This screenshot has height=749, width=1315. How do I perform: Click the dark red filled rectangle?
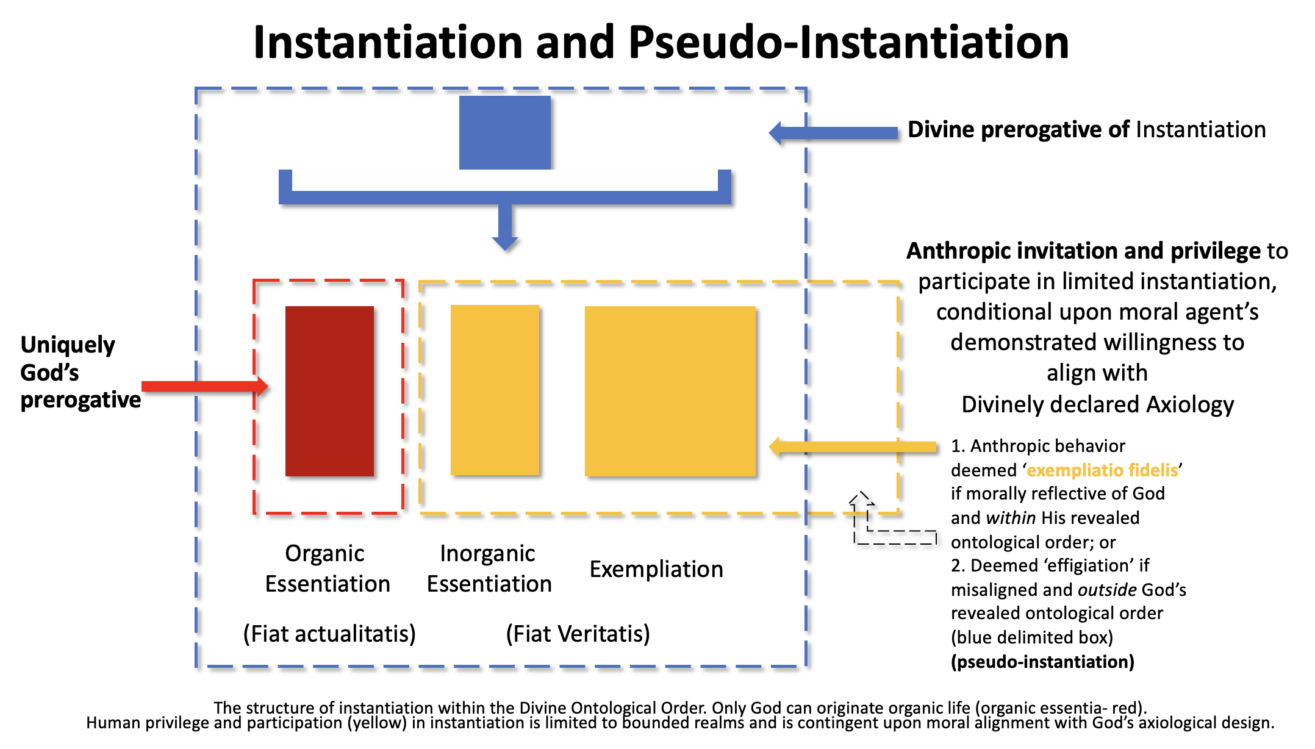[329, 391]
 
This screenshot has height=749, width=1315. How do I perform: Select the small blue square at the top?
[505, 132]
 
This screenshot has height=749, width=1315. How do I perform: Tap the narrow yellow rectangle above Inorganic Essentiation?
[495, 390]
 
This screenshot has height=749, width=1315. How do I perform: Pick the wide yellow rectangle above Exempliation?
[670, 391]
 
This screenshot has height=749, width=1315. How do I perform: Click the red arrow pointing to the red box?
[205, 386]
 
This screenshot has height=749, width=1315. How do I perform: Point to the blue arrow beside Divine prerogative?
[833, 133]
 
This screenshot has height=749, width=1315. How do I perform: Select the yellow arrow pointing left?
[853, 446]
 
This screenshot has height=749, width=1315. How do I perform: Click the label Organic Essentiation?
[327, 568]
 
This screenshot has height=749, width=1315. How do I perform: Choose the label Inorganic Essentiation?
[489, 568]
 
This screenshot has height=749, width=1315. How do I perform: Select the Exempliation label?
[656, 569]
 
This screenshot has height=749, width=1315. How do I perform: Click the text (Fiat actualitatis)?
[329, 634]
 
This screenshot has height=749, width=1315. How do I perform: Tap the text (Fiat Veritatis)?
[578, 634]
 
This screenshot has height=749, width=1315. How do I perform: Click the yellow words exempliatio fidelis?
[1103, 470]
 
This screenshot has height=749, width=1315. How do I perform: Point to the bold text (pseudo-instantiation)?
[1043, 662]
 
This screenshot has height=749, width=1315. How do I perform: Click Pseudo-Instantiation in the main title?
[849, 43]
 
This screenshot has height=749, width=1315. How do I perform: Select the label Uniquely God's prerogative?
[81, 373]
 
